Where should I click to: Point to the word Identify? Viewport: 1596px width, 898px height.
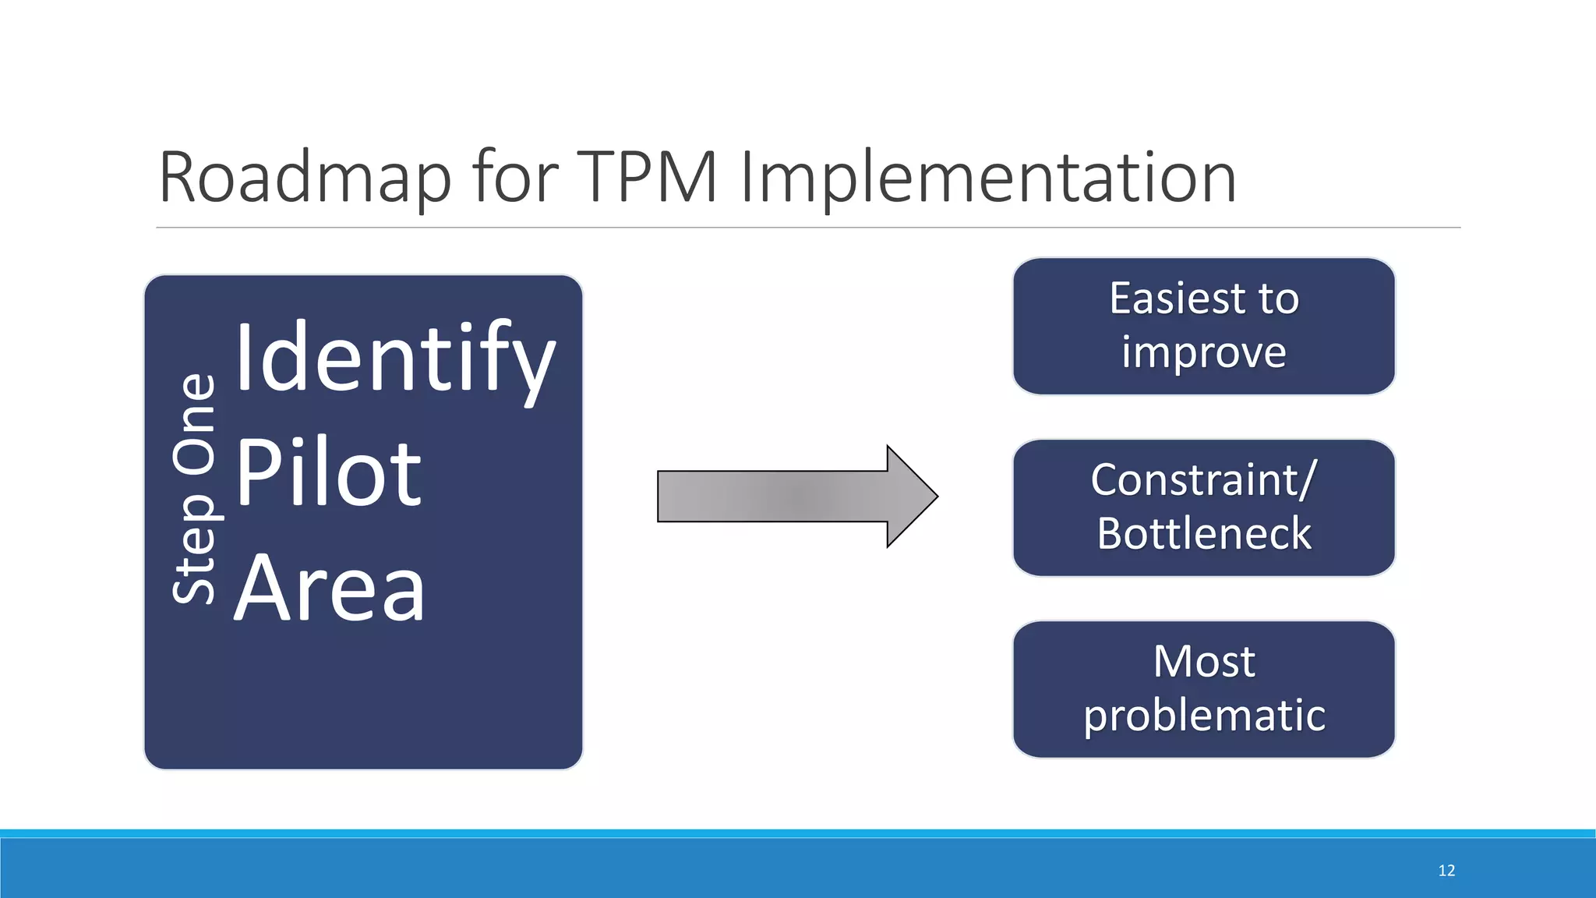tap(395, 359)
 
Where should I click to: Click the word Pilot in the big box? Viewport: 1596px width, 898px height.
tap(328, 473)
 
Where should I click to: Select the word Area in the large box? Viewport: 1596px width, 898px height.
tap(330, 588)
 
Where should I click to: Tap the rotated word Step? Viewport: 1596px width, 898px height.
tap(195, 549)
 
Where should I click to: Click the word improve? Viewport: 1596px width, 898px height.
tap(1203, 353)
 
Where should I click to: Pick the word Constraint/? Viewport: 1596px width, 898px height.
tap(1203, 479)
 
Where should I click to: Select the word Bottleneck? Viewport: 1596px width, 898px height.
tap(1203, 534)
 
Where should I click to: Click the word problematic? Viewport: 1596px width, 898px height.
tap(1203, 716)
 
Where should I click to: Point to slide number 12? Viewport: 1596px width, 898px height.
tap(1446, 871)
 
